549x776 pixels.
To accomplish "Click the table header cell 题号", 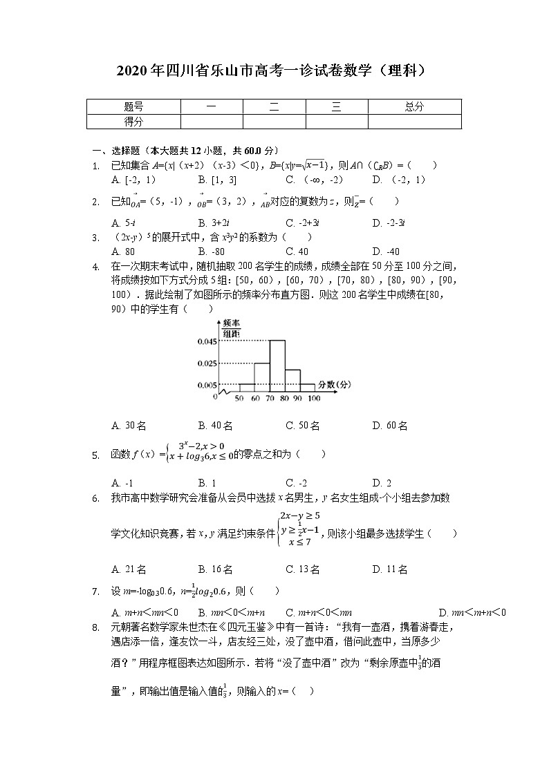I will coord(133,106).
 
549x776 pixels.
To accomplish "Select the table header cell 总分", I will coord(413,106).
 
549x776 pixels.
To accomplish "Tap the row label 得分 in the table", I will coord(133,122).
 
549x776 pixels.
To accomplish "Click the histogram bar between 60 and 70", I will coord(262,377).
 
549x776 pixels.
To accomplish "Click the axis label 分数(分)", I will coord(334,384).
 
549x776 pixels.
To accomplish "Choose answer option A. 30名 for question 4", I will coord(129,426).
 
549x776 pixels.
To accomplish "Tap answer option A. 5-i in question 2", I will coord(123,223).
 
